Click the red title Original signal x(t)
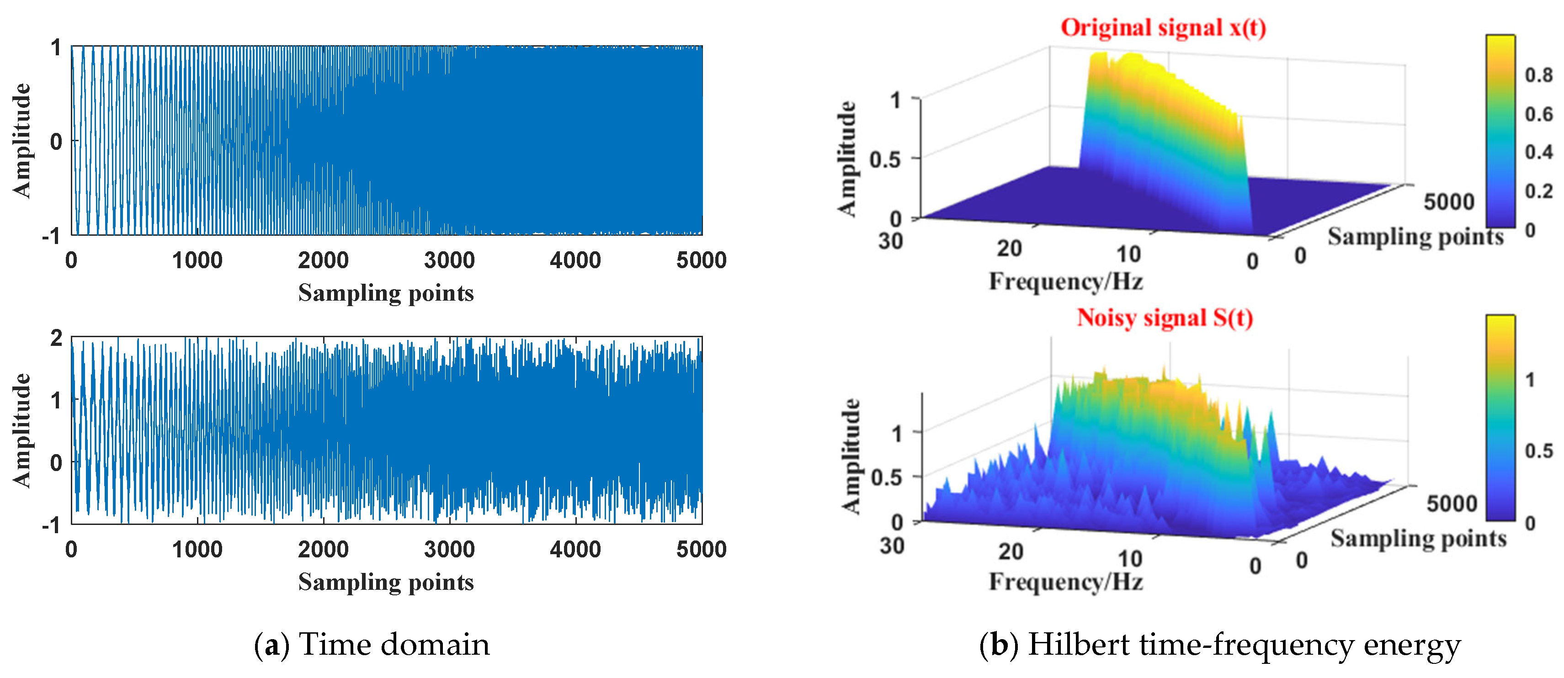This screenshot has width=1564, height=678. pos(1163,28)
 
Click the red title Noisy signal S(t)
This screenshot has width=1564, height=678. pos(1165,318)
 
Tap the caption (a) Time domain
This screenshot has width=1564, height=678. pos(372,645)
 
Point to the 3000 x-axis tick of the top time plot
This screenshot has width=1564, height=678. pos(449,260)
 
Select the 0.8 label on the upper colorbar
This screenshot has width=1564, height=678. pos(1538,75)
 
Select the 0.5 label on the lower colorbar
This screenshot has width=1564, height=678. pos(1538,451)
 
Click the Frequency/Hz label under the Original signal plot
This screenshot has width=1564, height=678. pos(1065,281)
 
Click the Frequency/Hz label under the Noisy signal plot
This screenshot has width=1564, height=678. pos(1065,582)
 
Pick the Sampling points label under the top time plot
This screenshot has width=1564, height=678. pos(386,293)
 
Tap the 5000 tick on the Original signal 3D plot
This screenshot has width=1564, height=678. pos(1449,201)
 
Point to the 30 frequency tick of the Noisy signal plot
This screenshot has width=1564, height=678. pos(892,546)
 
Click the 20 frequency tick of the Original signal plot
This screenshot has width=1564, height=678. pos(1009,248)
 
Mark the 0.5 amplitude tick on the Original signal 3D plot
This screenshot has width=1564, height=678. pos(885,160)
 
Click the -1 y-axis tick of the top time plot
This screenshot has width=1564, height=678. pos(52,235)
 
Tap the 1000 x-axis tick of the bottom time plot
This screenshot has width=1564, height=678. pos(197,549)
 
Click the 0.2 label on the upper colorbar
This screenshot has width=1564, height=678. pos(1538,191)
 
